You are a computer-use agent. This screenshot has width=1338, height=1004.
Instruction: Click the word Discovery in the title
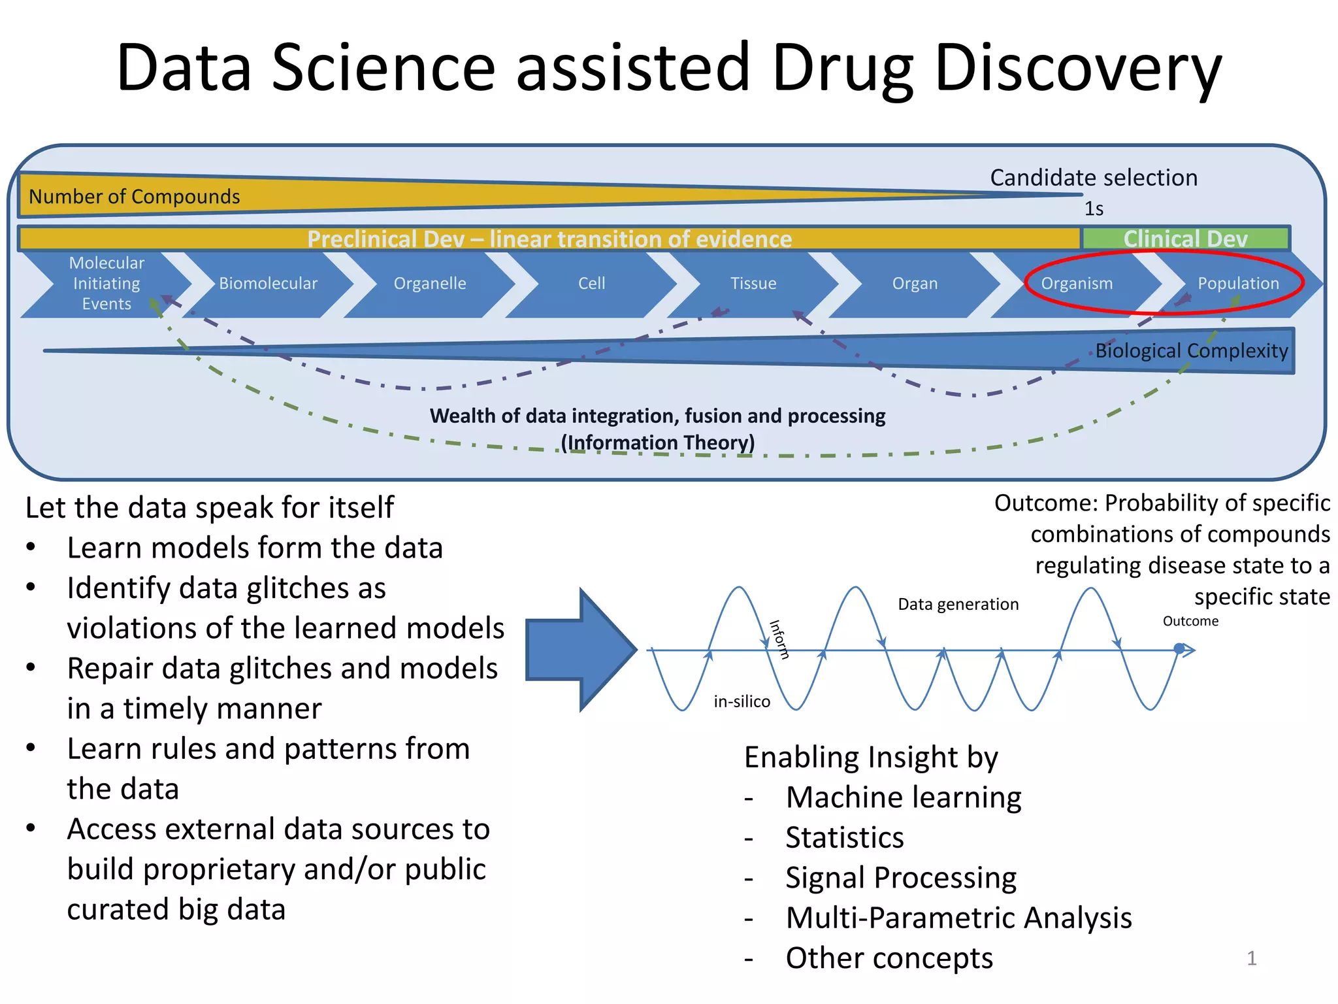click(1077, 68)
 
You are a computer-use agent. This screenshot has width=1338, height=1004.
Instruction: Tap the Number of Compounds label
click(135, 196)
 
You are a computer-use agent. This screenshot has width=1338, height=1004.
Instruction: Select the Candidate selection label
click(1094, 178)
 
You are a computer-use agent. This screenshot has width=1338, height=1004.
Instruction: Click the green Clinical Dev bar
click(1185, 239)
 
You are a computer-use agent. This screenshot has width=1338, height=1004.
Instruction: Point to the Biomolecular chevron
click(268, 284)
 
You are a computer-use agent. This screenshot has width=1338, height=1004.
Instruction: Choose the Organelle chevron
click(430, 284)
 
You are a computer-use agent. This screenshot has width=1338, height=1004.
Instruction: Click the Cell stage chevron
click(591, 284)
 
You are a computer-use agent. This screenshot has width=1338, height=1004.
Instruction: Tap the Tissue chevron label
click(753, 284)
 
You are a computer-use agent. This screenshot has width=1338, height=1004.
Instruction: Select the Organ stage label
click(915, 284)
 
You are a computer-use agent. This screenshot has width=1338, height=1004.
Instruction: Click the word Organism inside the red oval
click(1076, 284)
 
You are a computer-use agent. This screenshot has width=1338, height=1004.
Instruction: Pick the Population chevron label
click(1238, 284)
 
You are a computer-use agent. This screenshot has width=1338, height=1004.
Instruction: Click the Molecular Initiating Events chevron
click(106, 284)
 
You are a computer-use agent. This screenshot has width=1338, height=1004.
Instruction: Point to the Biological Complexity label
click(1191, 351)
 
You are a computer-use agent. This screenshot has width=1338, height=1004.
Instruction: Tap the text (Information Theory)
click(658, 443)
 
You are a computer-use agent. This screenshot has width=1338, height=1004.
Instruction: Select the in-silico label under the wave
click(742, 702)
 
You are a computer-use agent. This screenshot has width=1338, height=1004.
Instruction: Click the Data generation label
click(958, 605)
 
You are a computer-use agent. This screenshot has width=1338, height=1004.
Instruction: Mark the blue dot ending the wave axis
click(1179, 649)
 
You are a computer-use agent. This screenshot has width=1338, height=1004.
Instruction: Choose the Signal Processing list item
click(900, 878)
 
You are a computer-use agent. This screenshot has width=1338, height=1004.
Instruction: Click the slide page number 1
click(1251, 958)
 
